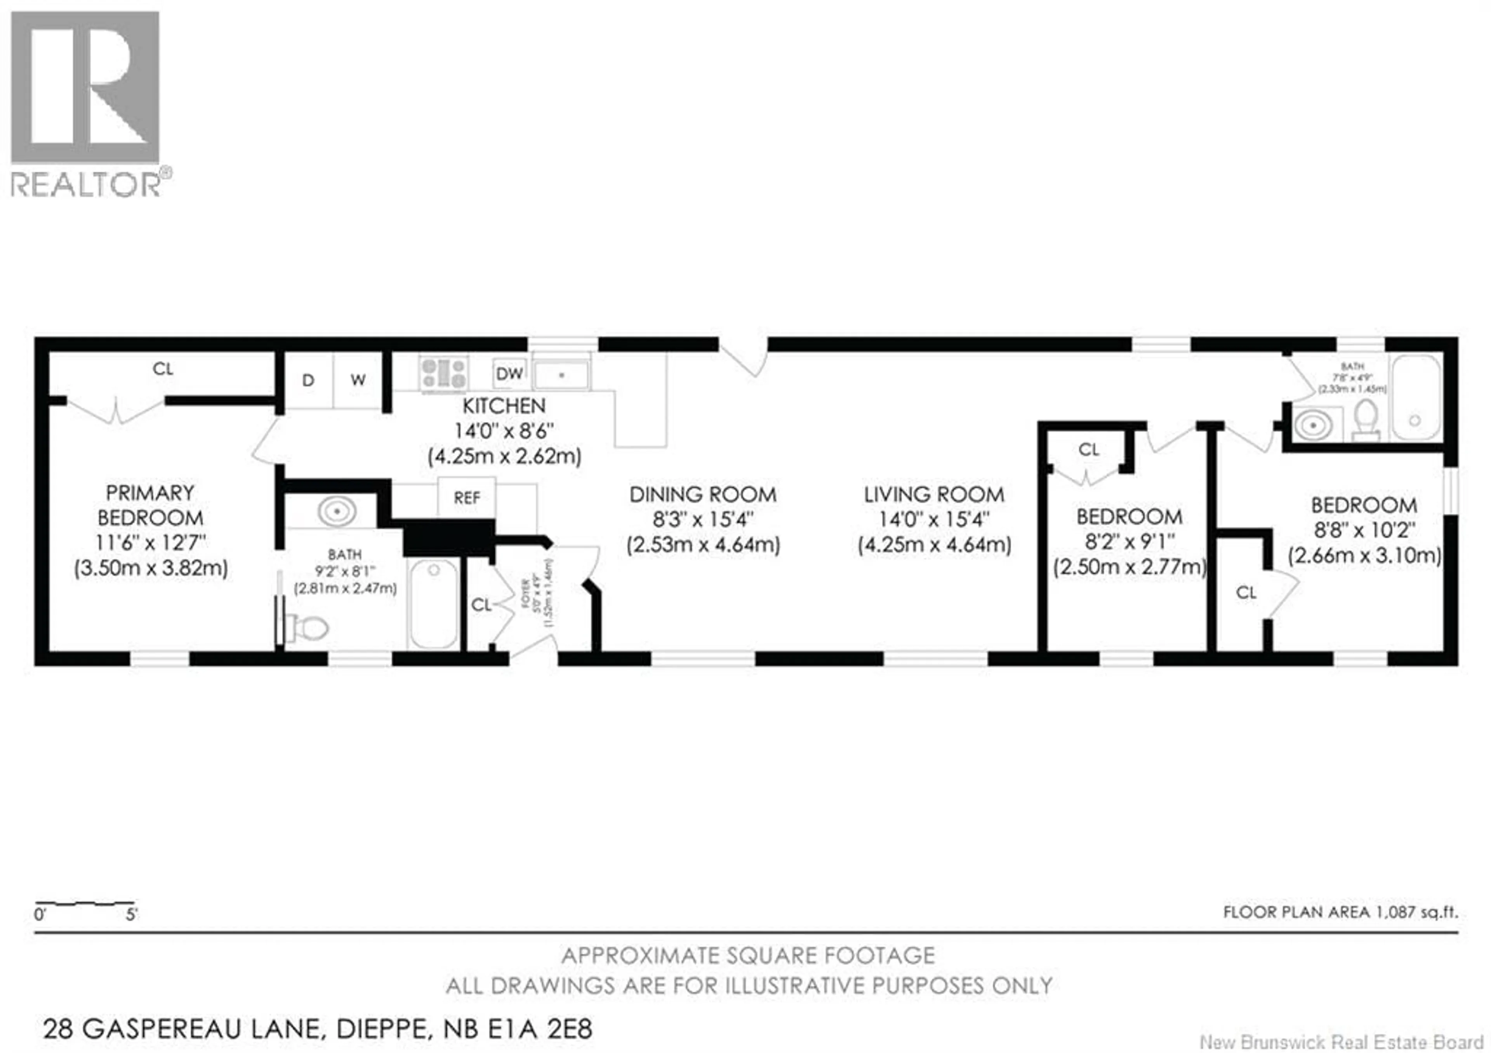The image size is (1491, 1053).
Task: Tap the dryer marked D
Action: [x=308, y=380]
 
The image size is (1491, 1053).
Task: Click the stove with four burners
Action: [x=443, y=374]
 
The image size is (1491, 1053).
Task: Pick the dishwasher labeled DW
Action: [x=509, y=374]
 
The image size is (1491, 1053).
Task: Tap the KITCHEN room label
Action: [x=504, y=406]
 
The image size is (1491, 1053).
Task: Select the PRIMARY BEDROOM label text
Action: [x=150, y=505]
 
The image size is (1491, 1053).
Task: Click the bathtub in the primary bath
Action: [x=434, y=604]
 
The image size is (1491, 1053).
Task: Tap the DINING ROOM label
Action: [x=703, y=495]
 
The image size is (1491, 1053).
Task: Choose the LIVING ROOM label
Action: [x=934, y=495]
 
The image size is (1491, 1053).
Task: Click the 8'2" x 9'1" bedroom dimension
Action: [x=1129, y=542]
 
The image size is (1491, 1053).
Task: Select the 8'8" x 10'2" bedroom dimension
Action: [x=1364, y=531]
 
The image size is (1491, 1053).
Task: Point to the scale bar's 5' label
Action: [x=132, y=915]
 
